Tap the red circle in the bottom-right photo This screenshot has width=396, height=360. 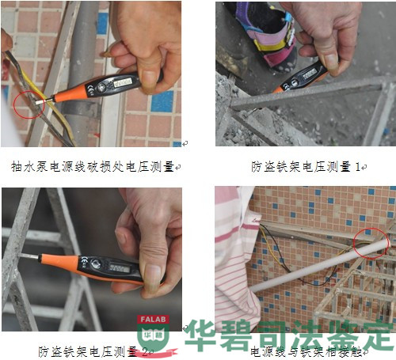point(370,241)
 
